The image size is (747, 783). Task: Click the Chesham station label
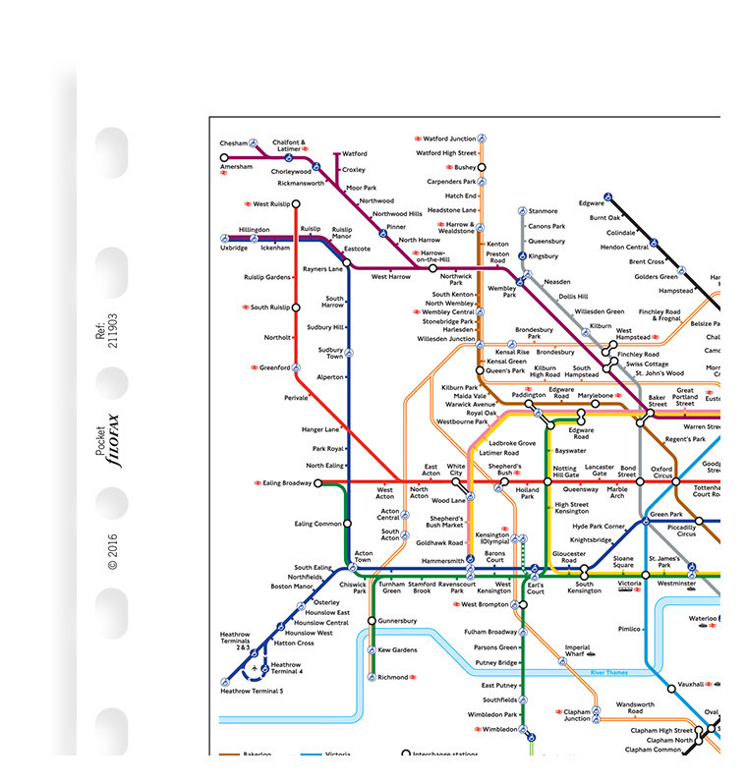coord(233,143)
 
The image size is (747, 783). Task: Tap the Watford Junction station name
coord(449,139)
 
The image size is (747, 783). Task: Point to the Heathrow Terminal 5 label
coord(252,692)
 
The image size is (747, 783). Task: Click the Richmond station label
coord(393,677)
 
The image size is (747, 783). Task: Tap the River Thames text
coord(609,672)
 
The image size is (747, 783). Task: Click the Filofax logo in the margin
coord(112,440)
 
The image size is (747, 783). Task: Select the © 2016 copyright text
coord(112,551)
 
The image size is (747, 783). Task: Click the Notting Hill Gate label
coord(565,473)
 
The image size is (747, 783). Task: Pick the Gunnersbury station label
coord(398,621)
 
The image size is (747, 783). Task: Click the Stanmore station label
coord(543,211)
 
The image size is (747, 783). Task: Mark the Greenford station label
coord(274,368)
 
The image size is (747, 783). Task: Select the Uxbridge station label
coord(234,249)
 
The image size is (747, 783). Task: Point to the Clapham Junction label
coord(577,714)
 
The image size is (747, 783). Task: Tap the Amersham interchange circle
coord(224,157)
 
